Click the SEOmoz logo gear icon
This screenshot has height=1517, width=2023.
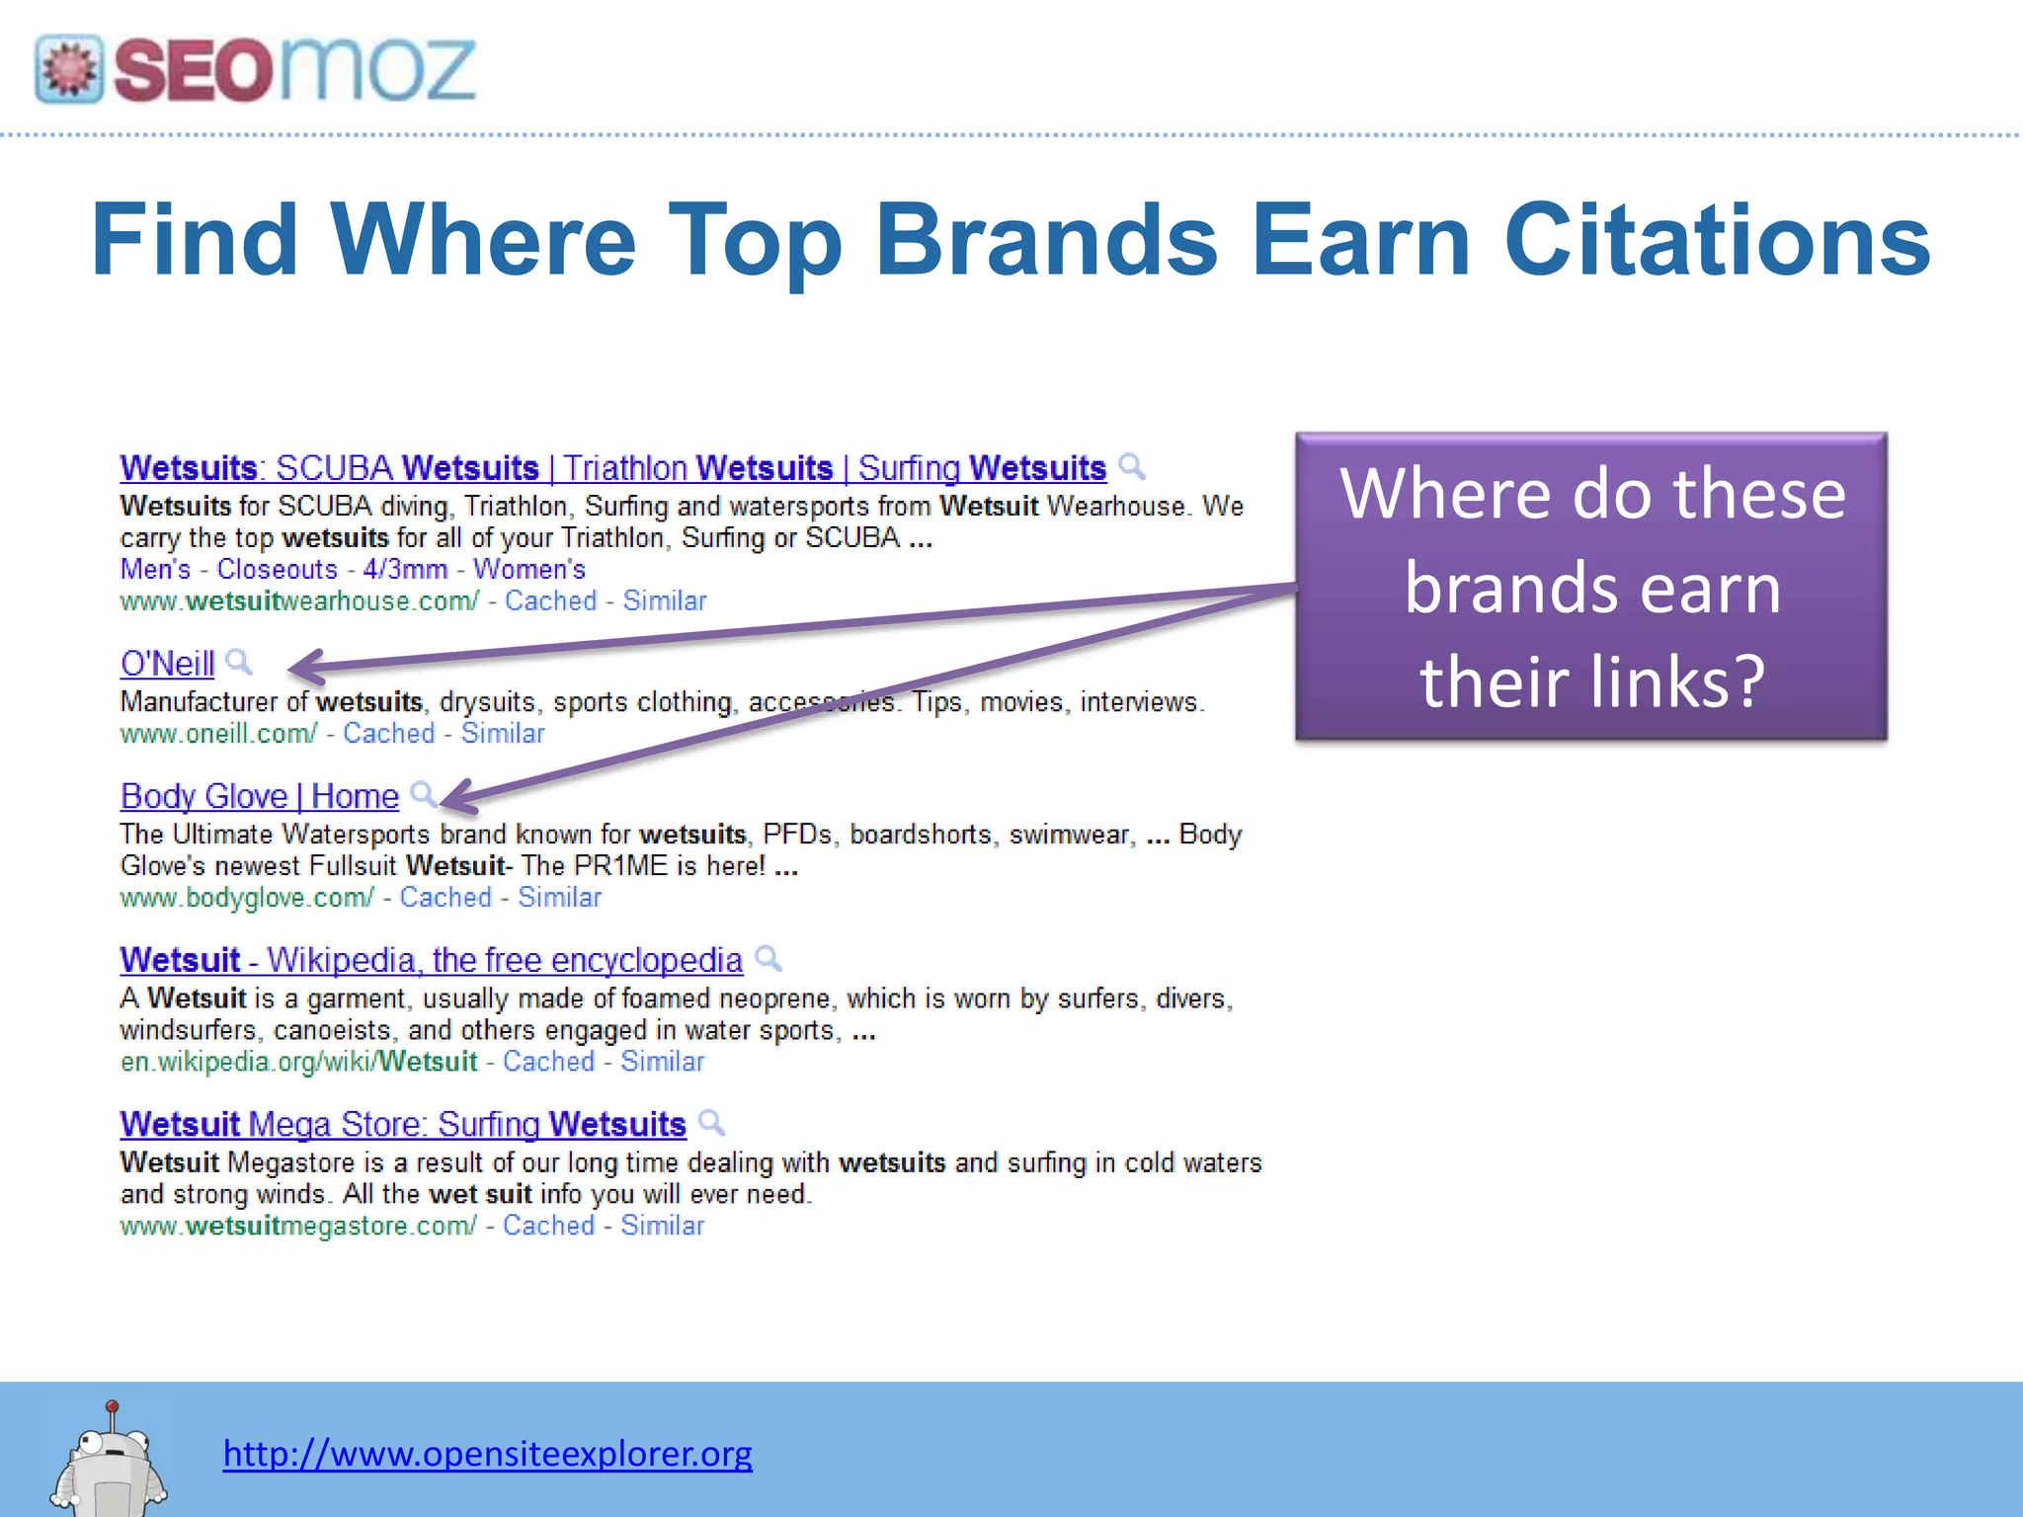pyautogui.click(x=68, y=69)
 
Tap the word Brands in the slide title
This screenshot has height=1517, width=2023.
pyautogui.click(x=1046, y=240)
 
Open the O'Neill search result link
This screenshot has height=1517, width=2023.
pyautogui.click(x=167, y=664)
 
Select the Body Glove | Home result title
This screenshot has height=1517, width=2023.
pyautogui.click(x=260, y=796)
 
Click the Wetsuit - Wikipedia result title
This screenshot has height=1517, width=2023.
pyautogui.click(x=431, y=960)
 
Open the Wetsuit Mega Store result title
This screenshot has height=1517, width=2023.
pyautogui.click(x=403, y=1124)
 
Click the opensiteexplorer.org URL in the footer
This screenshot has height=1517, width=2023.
pyautogui.click(x=487, y=1453)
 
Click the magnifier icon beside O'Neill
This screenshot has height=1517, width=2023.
pyautogui.click(x=239, y=662)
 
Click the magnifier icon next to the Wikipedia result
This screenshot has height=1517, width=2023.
pyautogui.click(x=769, y=958)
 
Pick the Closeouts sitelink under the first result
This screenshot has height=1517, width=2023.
pyautogui.click(x=278, y=570)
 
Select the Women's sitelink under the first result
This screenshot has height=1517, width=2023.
pyautogui.click(x=529, y=570)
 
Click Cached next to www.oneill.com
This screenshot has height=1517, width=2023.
pyautogui.click(x=389, y=734)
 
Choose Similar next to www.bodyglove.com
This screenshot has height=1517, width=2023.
pyautogui.click(x=560, y=898)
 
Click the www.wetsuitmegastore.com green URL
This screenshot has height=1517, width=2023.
pyautogui.click(x=298, y=1226)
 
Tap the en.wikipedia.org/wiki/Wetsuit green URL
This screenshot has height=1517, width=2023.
pyautogui.click(x=298, y=1062)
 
